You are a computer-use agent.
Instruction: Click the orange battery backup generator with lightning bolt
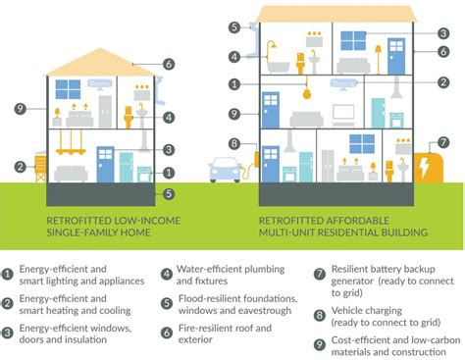click(428, 167)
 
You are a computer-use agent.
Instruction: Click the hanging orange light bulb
click(307, 95)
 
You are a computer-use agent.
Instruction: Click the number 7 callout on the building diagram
click(443, 142)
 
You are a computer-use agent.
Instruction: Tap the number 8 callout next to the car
click(234, 143)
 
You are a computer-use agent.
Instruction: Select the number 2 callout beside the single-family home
click(20, 166)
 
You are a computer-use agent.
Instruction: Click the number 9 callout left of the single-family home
click(20, 109)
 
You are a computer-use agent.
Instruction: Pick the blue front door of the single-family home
click(104, 164)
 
